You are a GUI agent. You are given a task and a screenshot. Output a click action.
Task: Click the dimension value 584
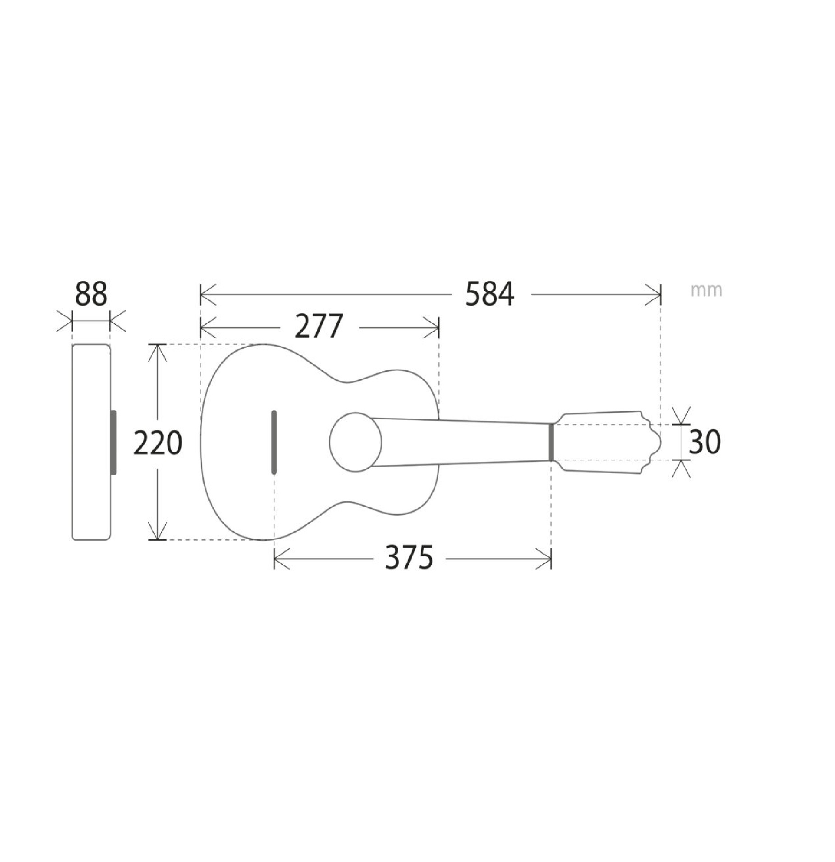pyautogui.click(x=489, y=294)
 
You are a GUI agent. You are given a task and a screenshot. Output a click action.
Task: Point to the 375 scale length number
pyautogui.click(x=409, y=557)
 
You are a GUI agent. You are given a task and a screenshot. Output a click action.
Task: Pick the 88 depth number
pyautogui.click(x=91, y=293)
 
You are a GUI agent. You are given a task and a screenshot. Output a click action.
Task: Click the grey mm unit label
pyautogui.click(x=707, y=290)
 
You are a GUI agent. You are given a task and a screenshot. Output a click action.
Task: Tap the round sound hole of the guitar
pyautogui.click(x=356, y=442)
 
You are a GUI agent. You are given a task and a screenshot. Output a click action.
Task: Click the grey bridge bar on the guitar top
pyautogui.click(x=274, y=442)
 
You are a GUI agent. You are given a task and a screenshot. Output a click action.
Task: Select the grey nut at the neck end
pyautogui.click(x=551, y=442)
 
